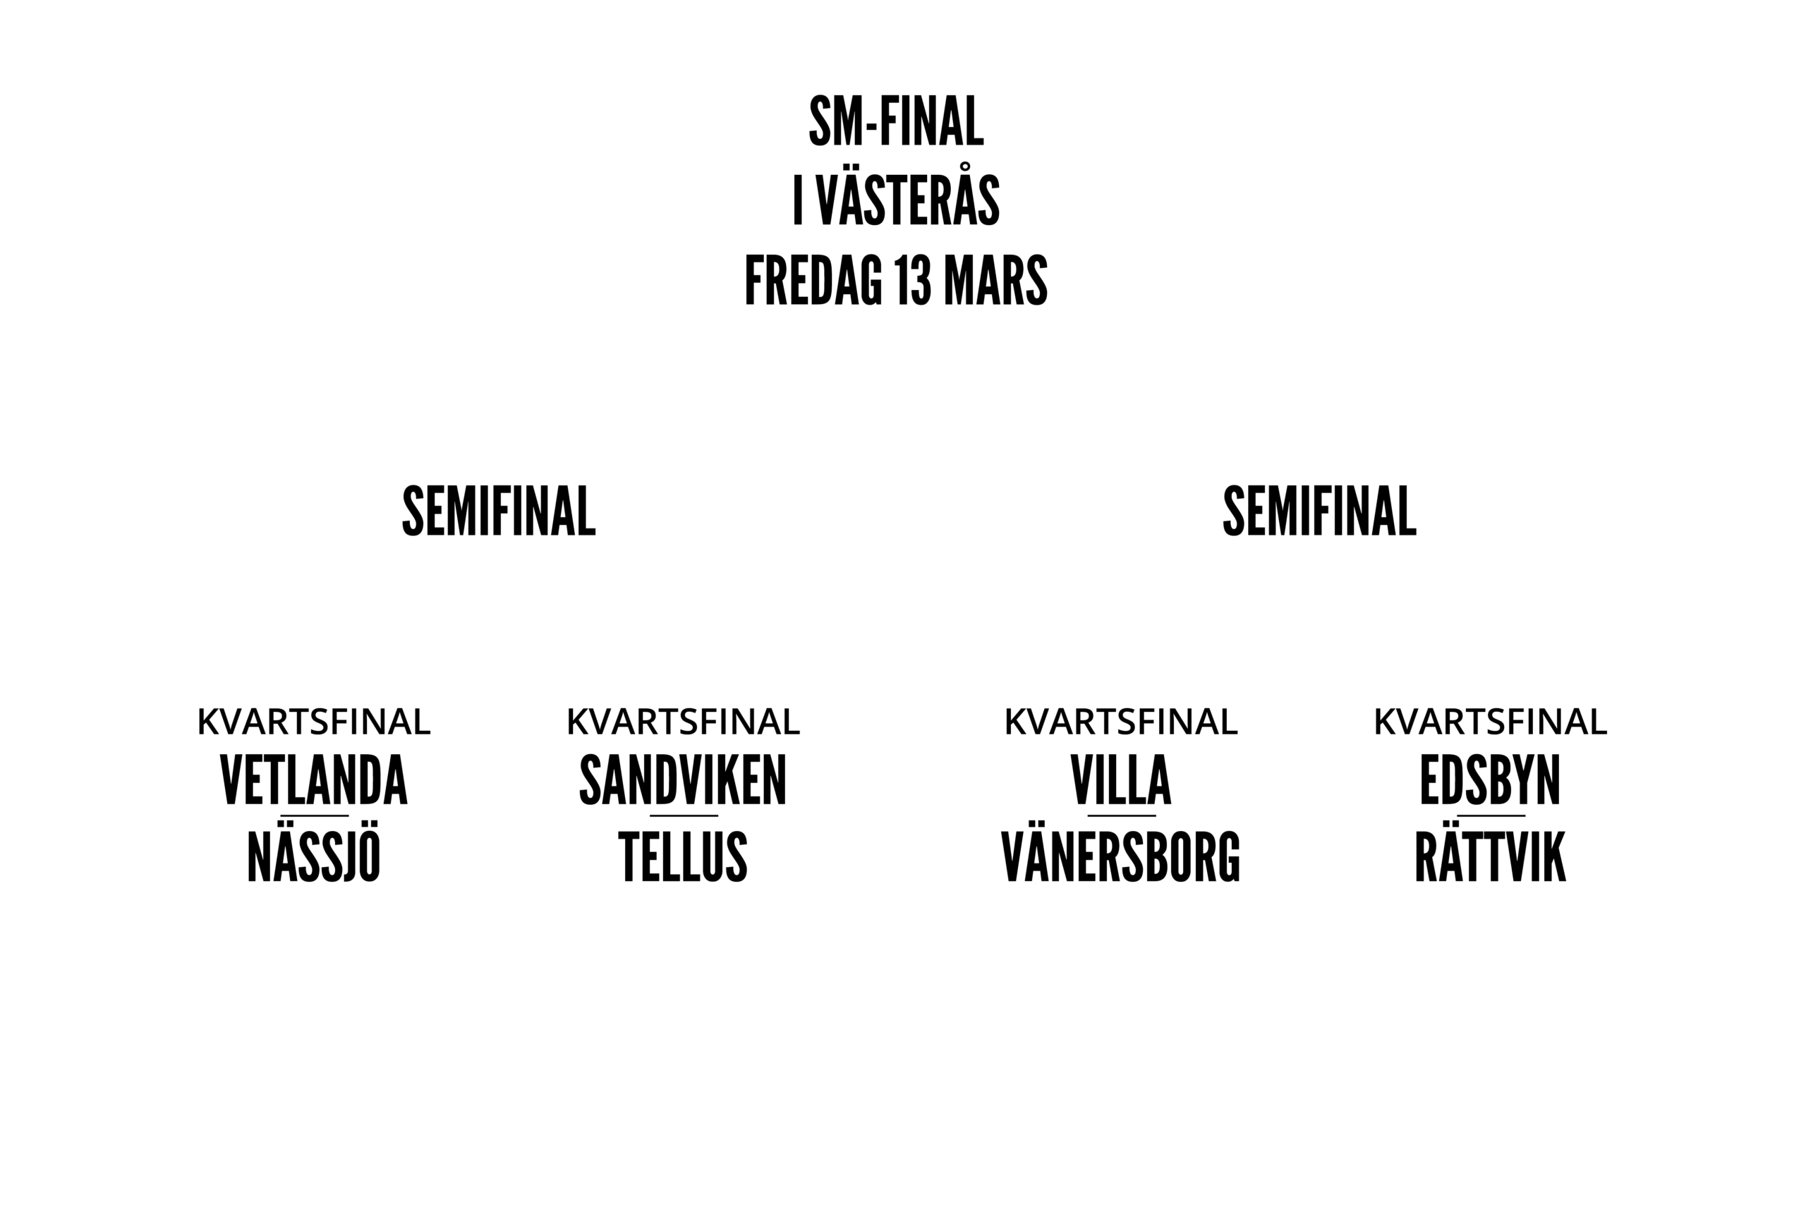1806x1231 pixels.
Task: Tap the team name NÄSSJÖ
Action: click(x=314, y=856)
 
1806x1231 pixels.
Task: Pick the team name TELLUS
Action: click(x=683, y=856)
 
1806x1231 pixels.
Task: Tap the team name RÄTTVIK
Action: click(x=1490, y=856)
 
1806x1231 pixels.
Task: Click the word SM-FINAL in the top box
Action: click(x=896, y=123)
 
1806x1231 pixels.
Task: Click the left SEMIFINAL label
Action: click(x=498, y=511)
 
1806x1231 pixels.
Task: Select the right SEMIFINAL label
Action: click(x=1319, y=511)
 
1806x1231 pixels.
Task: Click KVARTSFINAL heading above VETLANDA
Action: click(x=314, y=722)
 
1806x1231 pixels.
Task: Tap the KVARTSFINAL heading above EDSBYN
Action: click(x=1490, y=722)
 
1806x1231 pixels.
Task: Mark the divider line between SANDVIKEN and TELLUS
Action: click(x=683, y=816)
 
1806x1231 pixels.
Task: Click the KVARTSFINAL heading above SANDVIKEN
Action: click(x=683, y=722)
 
